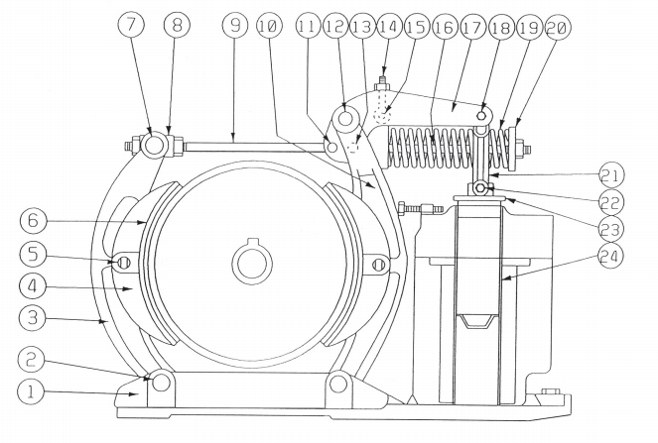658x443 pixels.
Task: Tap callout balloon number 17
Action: point(471,28)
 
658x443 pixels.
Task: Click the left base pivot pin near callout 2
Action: point(155,380)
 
